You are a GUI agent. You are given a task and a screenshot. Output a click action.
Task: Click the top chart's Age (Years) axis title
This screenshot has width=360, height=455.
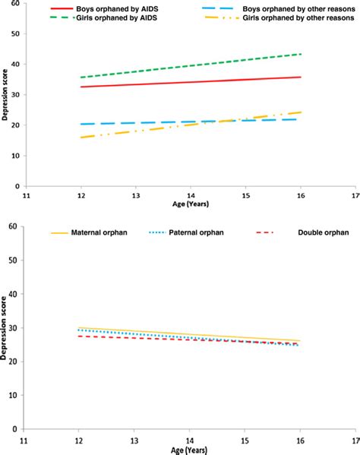[x=189, y=203]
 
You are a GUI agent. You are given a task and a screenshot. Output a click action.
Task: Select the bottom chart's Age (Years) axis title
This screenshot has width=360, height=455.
[x=189, y=448]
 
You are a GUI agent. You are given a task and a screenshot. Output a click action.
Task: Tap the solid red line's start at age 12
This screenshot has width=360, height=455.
[x=80, y=87]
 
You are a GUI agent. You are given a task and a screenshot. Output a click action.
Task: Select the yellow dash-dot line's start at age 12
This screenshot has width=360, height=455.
[x=80, y=137]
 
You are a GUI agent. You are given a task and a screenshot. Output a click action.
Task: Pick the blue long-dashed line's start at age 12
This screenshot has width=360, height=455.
[x=80, y=124]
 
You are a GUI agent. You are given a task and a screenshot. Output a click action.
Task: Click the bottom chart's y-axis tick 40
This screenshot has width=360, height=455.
[x=17, y=294]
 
